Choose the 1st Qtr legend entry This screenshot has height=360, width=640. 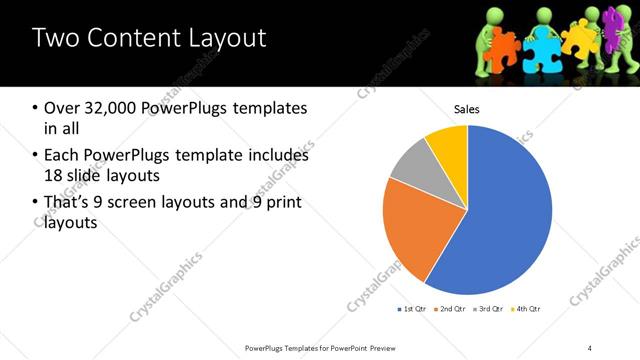point(412,308)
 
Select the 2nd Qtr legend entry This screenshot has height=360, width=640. point(452,308)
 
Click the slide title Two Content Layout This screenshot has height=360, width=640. point(149,39)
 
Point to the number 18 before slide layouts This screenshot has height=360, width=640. point(54,177)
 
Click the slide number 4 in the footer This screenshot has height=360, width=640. point(590,347)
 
